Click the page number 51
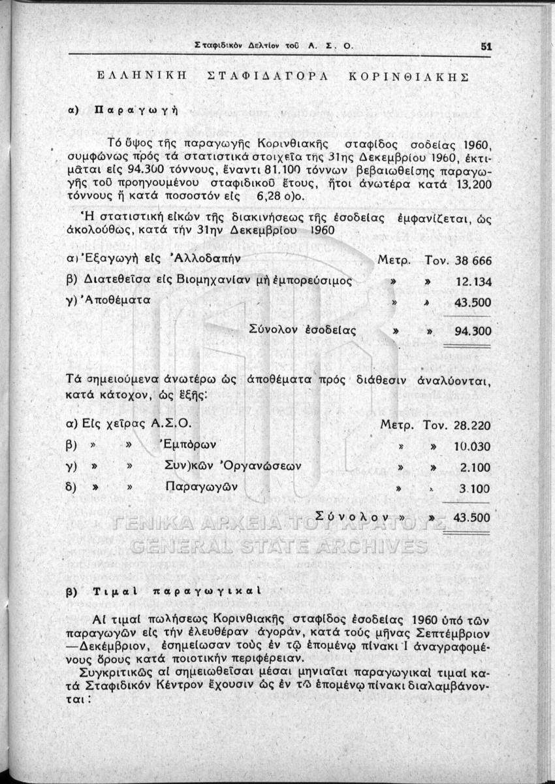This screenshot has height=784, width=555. point(485,46)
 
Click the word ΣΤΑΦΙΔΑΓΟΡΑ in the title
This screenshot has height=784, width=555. point(264,77)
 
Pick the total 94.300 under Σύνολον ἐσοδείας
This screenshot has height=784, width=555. point(472,331)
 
